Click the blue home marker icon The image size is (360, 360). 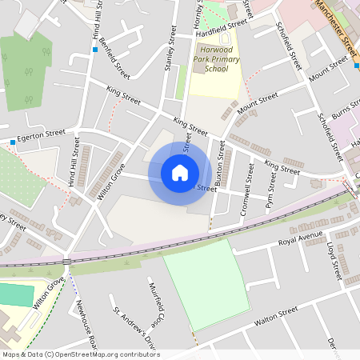tap(180, 173)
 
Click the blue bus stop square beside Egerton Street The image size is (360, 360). tap(14, 142)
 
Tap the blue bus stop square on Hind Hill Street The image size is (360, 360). tap(94, 50)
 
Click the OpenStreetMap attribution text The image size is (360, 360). tap(81, 354)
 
